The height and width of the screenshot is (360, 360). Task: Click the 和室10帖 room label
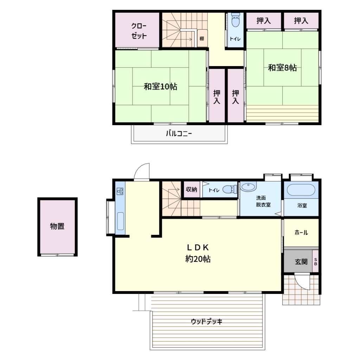pos(160,86)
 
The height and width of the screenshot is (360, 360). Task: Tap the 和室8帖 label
pos(282,68)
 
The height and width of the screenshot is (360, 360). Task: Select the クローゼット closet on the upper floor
pos(137,30)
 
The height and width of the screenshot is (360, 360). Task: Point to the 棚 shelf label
pos(201,38)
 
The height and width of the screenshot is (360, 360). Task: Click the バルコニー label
pos(179,133)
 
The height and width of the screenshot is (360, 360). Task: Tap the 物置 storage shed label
pos(57,226)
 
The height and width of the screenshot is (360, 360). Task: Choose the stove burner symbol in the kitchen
pos(120,191)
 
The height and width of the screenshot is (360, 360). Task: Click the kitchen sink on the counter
pos(120,221)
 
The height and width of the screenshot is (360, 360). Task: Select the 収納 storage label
pos(191,189)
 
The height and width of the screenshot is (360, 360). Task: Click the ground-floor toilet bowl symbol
pos(230,189)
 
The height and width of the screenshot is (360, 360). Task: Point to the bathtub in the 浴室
pos(301,190)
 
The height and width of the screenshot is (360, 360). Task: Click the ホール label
pos(301,233)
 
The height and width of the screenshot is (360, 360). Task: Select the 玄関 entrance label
pos(301,262)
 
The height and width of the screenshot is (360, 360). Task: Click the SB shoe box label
pos(315,262)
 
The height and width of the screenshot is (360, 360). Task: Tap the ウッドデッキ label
pos(207,321)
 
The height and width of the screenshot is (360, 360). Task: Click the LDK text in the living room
pos(198,247)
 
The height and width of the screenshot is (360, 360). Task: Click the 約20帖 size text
pos(198,259)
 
